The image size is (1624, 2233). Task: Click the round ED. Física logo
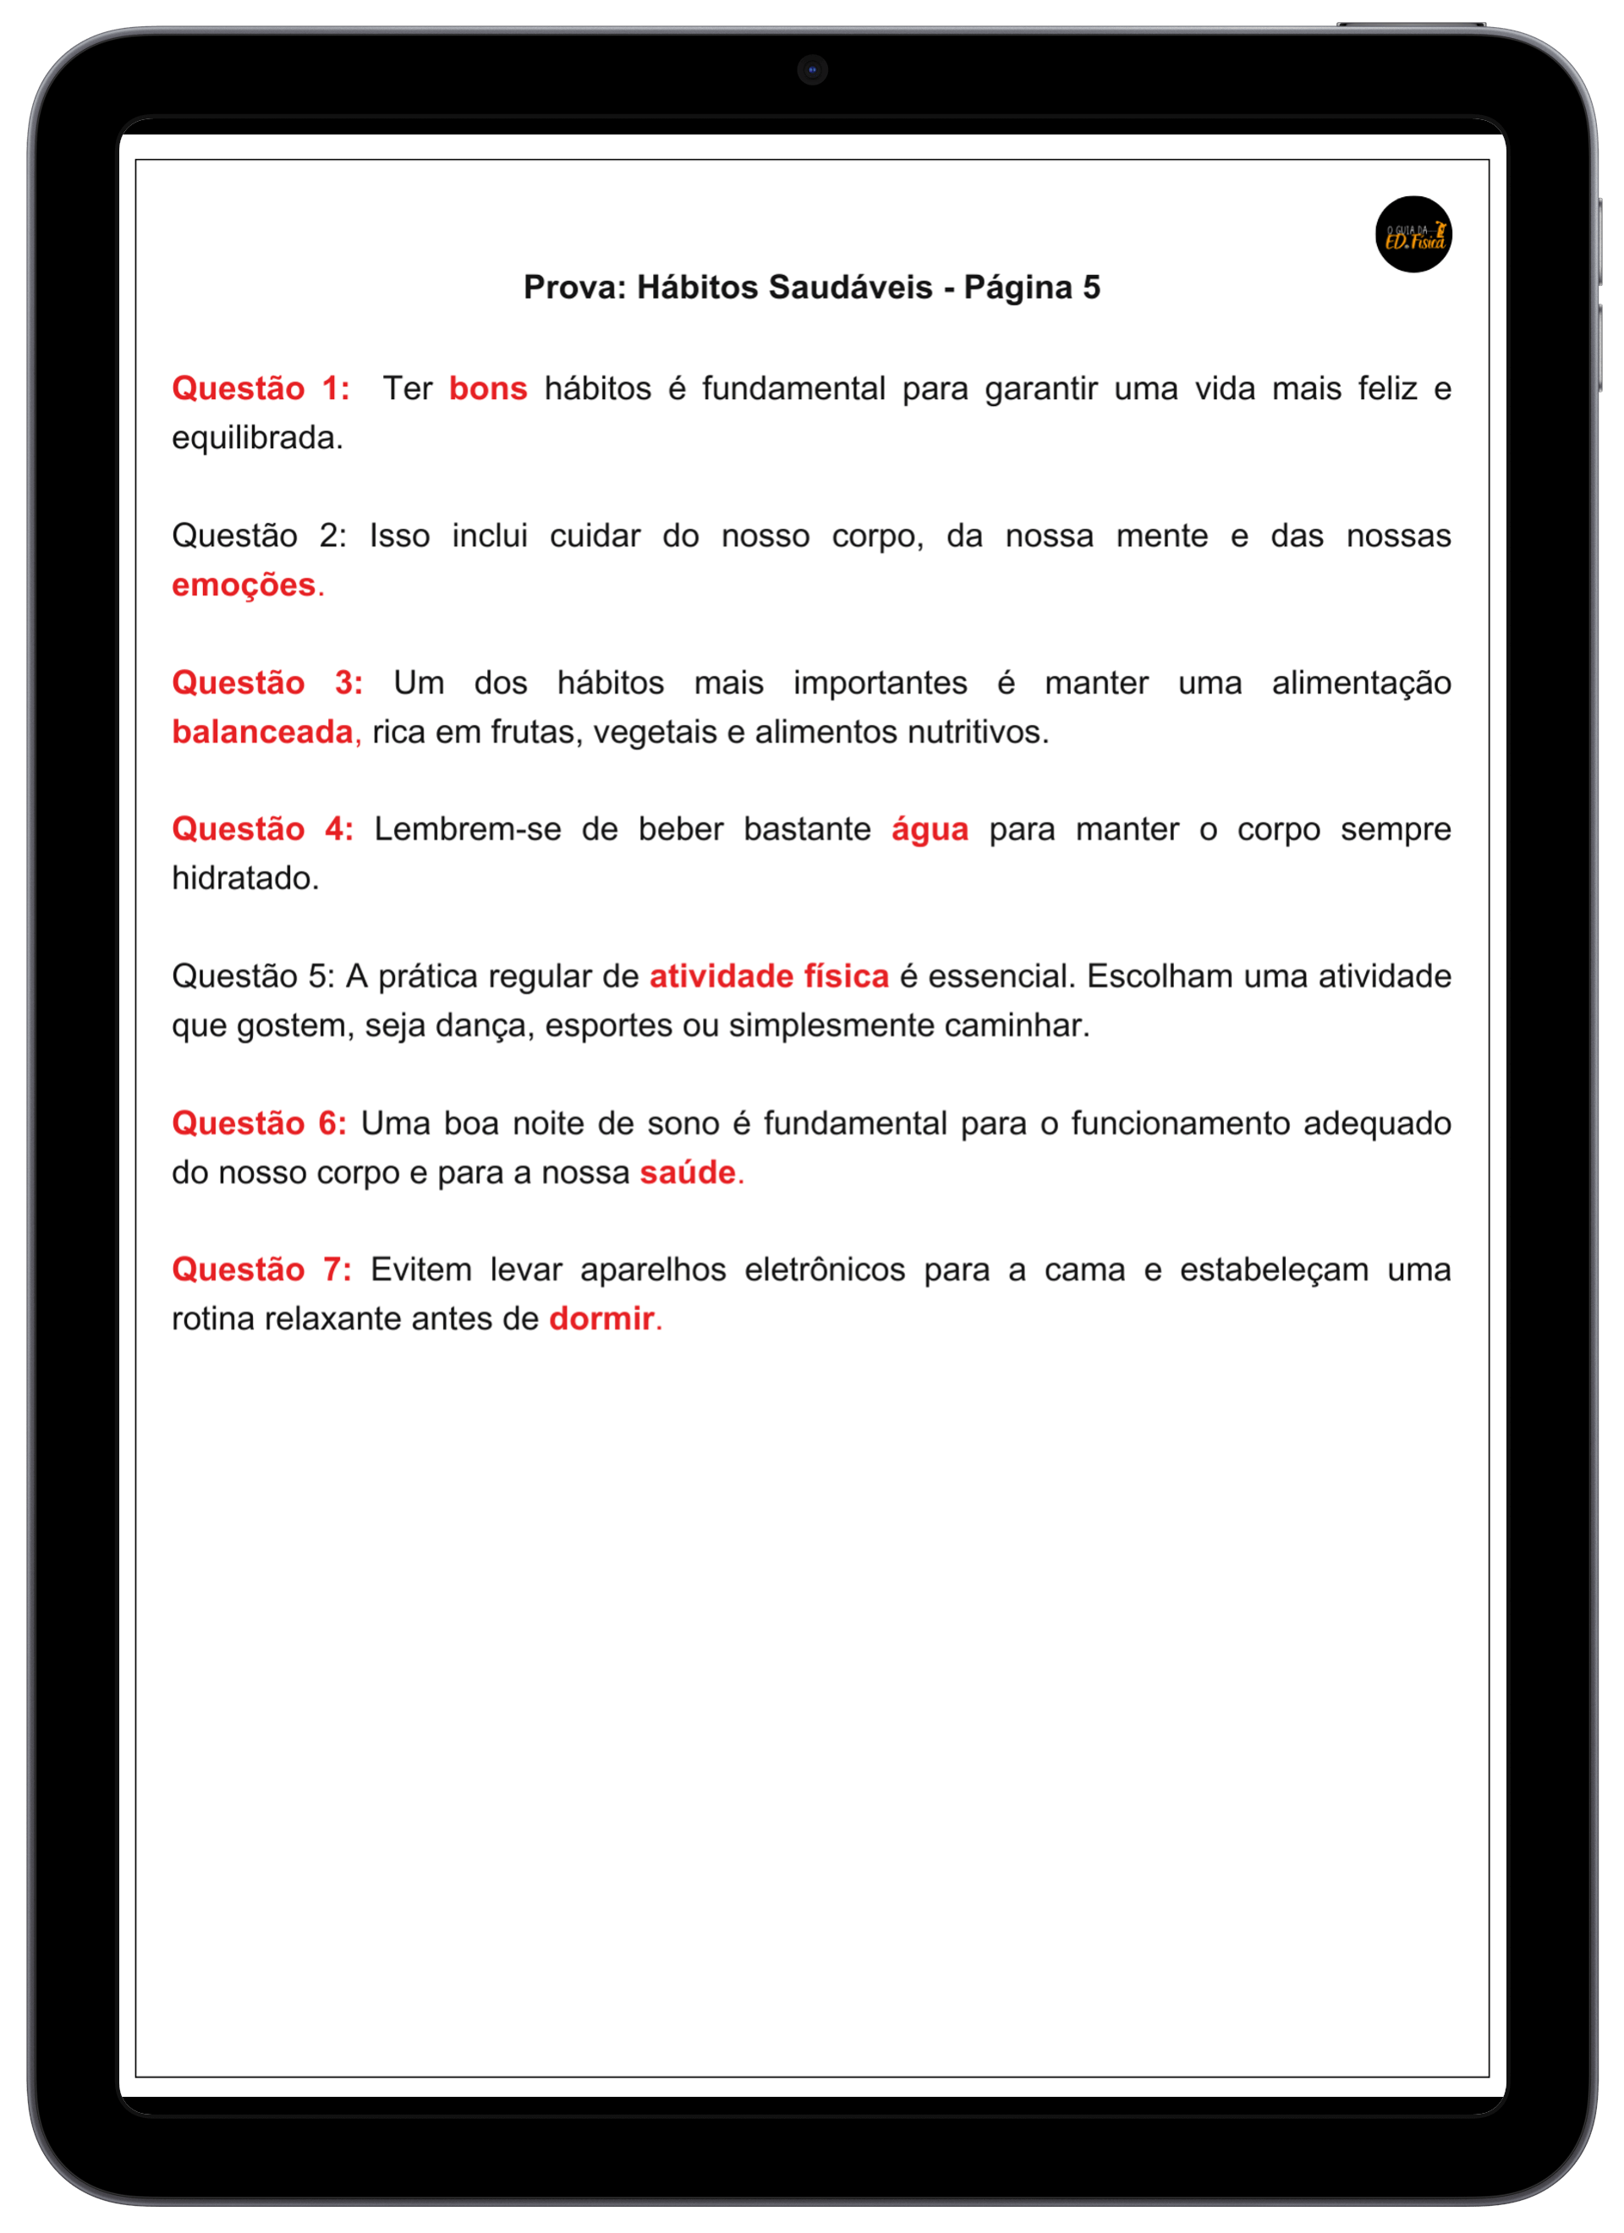pyautogui.click(x=1413, y=234)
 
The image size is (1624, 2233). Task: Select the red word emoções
pyautogui.click(x=244, y=584)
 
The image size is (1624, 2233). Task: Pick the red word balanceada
pyautogui.click(x=262, y=732)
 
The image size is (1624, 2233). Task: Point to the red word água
pyautogui.click(x=929, y=830)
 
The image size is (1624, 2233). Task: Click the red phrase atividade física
pyautogui.click(x=768, y=976)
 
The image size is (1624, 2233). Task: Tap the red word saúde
pyautogui.click(x=688, y=1171)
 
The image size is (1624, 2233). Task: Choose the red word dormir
pyautogui.click(x=601, y=1319)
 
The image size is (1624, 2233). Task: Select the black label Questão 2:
pyautogui.click(x=259, y=535)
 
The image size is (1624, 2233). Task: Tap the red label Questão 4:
pyautogui.click(x=262, y=829)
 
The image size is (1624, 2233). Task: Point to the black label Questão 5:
pyautogui.click(x=253, y=976)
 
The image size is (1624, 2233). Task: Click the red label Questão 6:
pyautogui.click(x=259, y=1122)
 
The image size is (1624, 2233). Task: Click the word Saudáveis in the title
pyautogui.click(x=850, y=288)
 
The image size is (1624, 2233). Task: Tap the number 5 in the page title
pyautogui.click(x=1091, y=288)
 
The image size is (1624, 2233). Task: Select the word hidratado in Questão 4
pyautogui.click(x=244, y=878)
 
